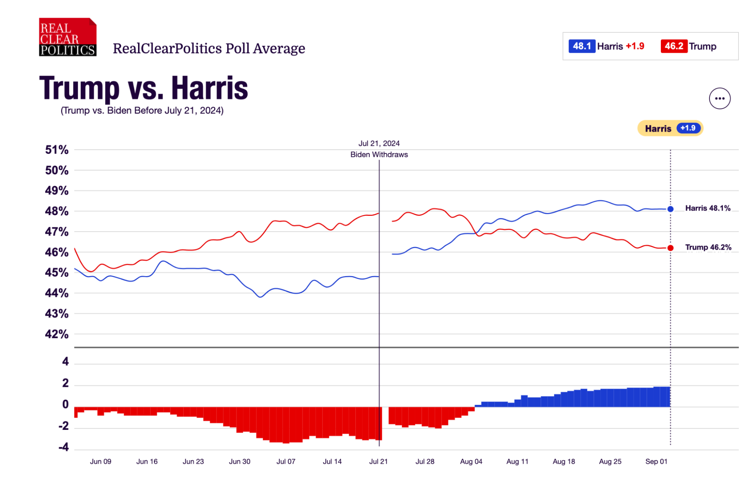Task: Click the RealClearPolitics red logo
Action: (x=68, y=37)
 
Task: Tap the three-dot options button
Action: (x=719, y=99)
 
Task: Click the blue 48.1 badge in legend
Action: (x=582, y=46)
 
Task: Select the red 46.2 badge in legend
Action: (x=674, y=46)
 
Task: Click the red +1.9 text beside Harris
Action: (x=635, y=46)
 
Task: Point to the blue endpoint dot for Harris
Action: (x=670, y=209)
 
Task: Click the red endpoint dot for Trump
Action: (x=670, y=248)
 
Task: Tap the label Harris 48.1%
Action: (x=708, y=208)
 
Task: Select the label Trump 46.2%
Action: (x=708, y=248)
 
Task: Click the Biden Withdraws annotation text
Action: (x=379, y=154)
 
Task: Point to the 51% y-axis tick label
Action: (x=57, y=150)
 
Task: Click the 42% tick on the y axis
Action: (x=57, y=334)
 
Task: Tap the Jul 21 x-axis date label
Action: (x=378, y=462)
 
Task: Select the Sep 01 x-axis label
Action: (x=656, y=462)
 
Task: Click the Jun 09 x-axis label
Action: (x=101, y=462)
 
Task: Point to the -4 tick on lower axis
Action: (x=64, y=447)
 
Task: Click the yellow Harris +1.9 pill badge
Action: (x=670, y=128)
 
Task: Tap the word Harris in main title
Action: (x=210, y=89)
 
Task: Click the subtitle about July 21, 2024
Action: (x=142, y=111)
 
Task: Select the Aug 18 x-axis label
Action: (x=564, y=462)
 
